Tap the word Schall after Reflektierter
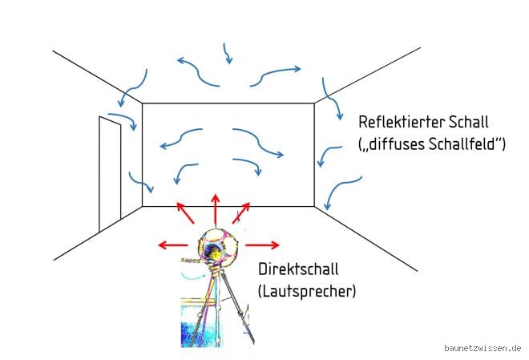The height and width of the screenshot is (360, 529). coord(468,122)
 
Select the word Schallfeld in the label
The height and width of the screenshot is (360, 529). coord(462,144)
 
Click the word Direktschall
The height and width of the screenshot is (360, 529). coord(299,269)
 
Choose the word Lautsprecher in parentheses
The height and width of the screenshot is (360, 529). coord(307,291)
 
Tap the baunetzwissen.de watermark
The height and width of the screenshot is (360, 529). coord(483,348)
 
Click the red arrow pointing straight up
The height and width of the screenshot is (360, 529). coord(216,209)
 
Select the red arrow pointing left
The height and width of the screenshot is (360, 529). coord(173,245)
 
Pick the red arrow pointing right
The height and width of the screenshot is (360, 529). coord(262,245)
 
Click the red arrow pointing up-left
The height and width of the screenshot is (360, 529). coord(186,213)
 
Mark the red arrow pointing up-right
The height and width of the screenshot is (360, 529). coord(241,213)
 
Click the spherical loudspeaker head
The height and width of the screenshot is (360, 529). coord(216,245)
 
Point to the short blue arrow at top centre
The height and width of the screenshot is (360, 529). coord(228,54)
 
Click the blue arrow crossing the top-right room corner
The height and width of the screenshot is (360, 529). coord(331,99)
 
